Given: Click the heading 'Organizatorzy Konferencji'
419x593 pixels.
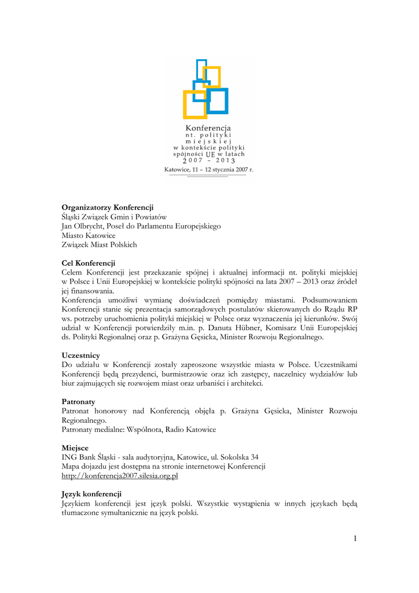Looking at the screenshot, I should [x=108, y=207].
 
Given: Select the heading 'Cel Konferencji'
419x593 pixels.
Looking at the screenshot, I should [x=89, y=263].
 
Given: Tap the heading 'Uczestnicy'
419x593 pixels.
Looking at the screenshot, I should [x=81, y=355].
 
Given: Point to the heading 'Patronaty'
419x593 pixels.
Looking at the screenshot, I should [x=79, y=401].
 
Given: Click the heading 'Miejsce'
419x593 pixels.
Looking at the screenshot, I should [x=75, y=448].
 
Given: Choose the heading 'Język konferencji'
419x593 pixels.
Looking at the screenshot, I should [x=91, y=494].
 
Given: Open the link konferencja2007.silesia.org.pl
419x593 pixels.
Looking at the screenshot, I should [x=120, y=475].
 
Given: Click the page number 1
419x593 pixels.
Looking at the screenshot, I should [x=354, y=540].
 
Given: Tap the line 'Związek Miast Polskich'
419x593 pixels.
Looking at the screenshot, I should [x=100, y=244].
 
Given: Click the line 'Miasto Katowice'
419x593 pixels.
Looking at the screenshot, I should [x=89, y=235].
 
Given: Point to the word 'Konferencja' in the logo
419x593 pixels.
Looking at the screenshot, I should [x=208, y=127].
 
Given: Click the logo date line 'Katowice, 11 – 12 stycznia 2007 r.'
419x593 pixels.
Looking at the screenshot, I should [x=209, y=170].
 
